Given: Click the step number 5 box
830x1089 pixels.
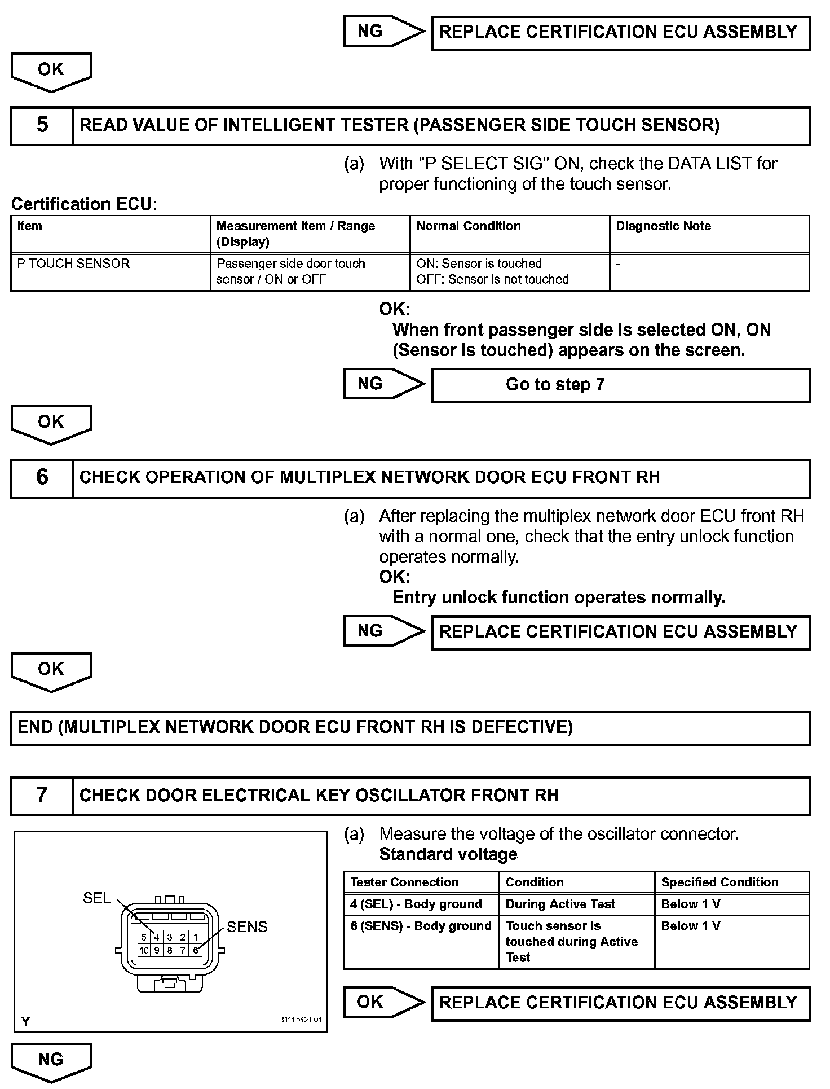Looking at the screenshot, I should point(42,125).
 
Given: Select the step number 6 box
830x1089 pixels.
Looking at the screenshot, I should point(42,478).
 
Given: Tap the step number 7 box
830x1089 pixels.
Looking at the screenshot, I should point(42,796).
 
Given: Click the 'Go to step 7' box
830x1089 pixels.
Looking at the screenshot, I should point(620,385).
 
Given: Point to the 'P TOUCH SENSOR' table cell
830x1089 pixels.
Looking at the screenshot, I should point(110,272).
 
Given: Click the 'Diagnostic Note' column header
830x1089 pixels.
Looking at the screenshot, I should point(709,234).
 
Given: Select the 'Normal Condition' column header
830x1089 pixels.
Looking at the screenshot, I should point(509,234).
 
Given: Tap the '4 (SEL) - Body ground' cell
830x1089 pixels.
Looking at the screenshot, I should point(421,904).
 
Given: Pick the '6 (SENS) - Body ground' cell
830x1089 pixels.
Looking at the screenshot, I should point(421,942).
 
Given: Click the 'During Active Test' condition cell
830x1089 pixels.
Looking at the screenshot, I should point(576,904).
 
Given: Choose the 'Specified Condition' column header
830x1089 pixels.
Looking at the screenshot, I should point(731,882).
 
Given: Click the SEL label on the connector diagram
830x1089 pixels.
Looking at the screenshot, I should point(97,898).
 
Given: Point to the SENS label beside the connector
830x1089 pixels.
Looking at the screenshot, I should point(247,927).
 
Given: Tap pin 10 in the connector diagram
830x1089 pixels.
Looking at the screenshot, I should point(144,950).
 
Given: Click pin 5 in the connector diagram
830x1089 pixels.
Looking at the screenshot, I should point(144,937).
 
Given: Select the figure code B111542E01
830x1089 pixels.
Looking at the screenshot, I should point(300,1020).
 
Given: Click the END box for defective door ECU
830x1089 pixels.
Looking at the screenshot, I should point(410,728).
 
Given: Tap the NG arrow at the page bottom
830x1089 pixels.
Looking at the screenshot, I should point(51,1061).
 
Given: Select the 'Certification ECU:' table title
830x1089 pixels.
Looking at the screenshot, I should point(84,204).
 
